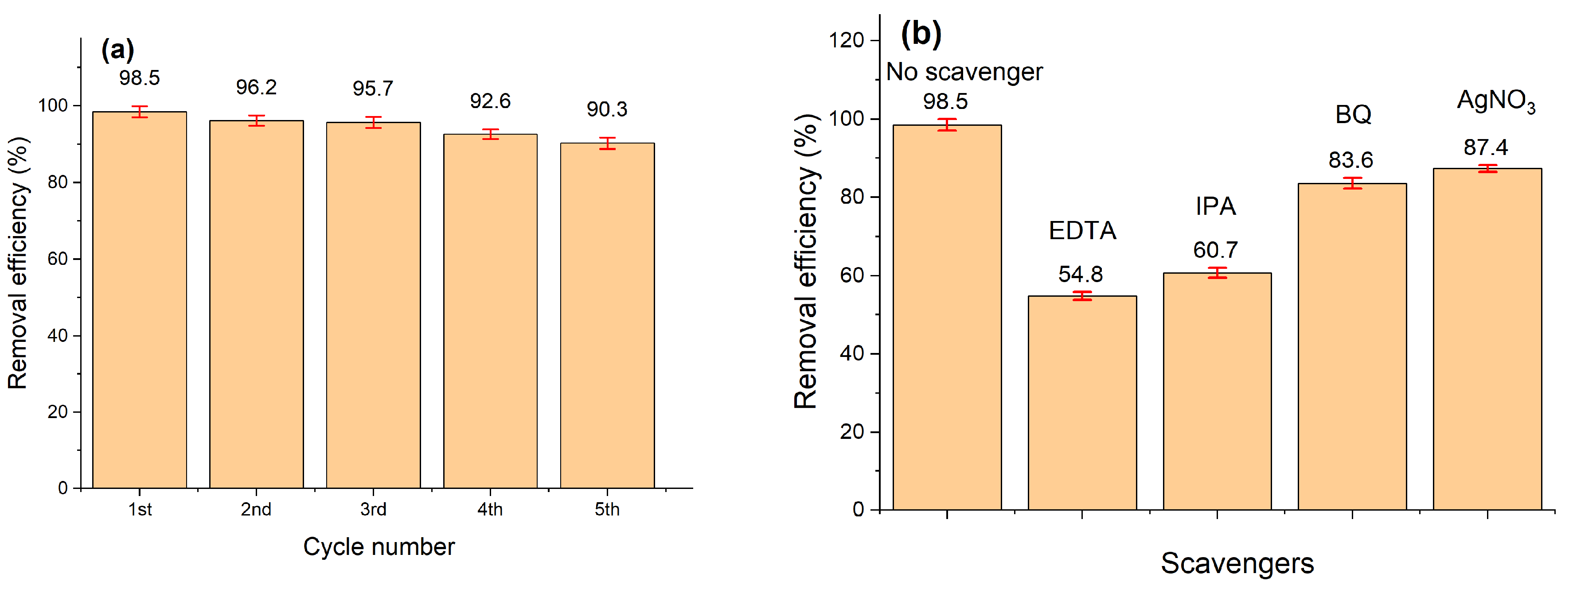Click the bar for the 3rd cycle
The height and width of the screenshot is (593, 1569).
373,305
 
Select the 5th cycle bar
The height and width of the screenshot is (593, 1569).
607,315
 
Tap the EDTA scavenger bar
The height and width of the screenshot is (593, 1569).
1082,403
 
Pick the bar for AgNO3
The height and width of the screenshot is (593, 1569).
1487,339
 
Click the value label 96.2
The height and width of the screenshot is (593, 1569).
257,88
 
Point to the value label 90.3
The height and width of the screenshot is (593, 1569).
607,109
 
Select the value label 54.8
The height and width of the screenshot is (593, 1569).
1081,275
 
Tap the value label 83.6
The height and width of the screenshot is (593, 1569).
1351,161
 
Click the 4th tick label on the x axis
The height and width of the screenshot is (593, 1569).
490,509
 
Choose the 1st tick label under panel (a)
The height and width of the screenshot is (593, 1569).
140,509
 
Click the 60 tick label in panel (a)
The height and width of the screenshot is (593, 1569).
58,259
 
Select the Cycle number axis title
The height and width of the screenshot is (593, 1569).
379,547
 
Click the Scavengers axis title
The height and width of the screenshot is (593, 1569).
1237,563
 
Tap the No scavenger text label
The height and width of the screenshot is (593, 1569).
964,72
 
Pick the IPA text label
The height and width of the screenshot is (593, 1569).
1216,206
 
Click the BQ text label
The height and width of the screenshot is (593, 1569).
1354,114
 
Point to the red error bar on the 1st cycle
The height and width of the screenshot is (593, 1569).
140,112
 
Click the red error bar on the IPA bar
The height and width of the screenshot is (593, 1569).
1218,273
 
